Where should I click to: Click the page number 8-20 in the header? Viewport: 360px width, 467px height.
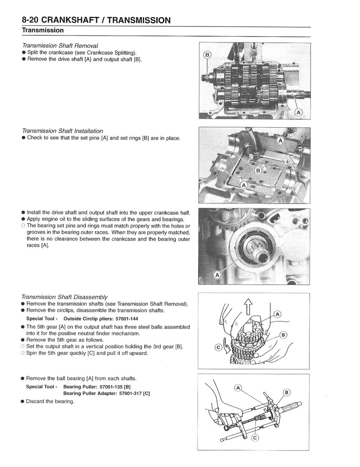tap(31, 20)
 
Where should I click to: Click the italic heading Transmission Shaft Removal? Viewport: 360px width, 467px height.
tap(60, 46)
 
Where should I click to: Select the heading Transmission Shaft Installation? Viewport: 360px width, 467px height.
tap(62, 131)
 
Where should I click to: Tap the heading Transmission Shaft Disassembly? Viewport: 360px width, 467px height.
tap(64, 297)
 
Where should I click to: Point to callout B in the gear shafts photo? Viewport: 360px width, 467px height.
tap(207, 55)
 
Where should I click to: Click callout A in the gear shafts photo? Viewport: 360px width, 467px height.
tap(298, 112)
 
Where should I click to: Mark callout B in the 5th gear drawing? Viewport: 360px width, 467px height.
tap(283, 335)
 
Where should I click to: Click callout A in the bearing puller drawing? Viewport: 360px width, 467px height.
tap(239, 388)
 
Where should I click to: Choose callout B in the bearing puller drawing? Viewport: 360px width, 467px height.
tap(287, 392)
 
